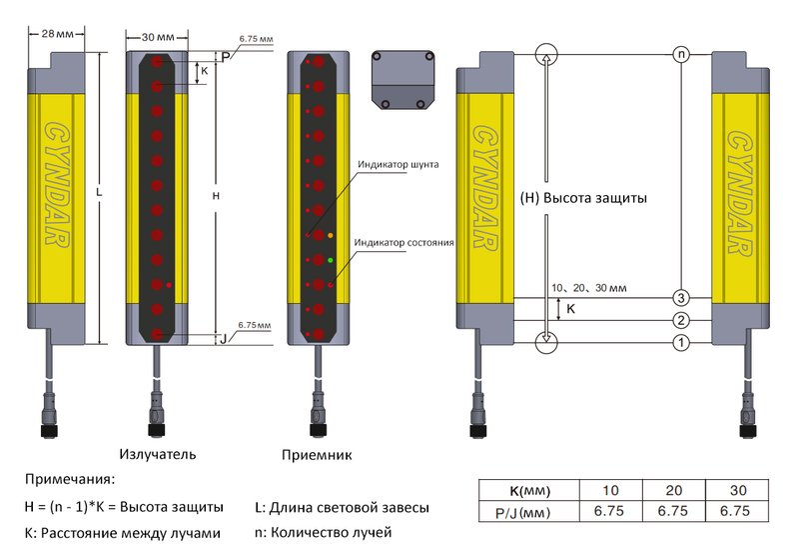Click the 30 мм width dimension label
pyautogui.click(x=155, y=36)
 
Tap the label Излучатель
pyautogui.click(x=157, y=454)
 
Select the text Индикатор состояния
pyautogui.click(x=404, y=242)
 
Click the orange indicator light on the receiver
pyautogui.click(x=331, y=235)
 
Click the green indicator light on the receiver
pyautogui.click(x=331, y=260)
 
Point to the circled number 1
pyautogui.click(x=680, y=343)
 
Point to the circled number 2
pyautogui.click(x=680, y=320)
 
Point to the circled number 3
pyautogui.click(x=680, y=298)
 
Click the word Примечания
pyautogui.click(x=70, y=480)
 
